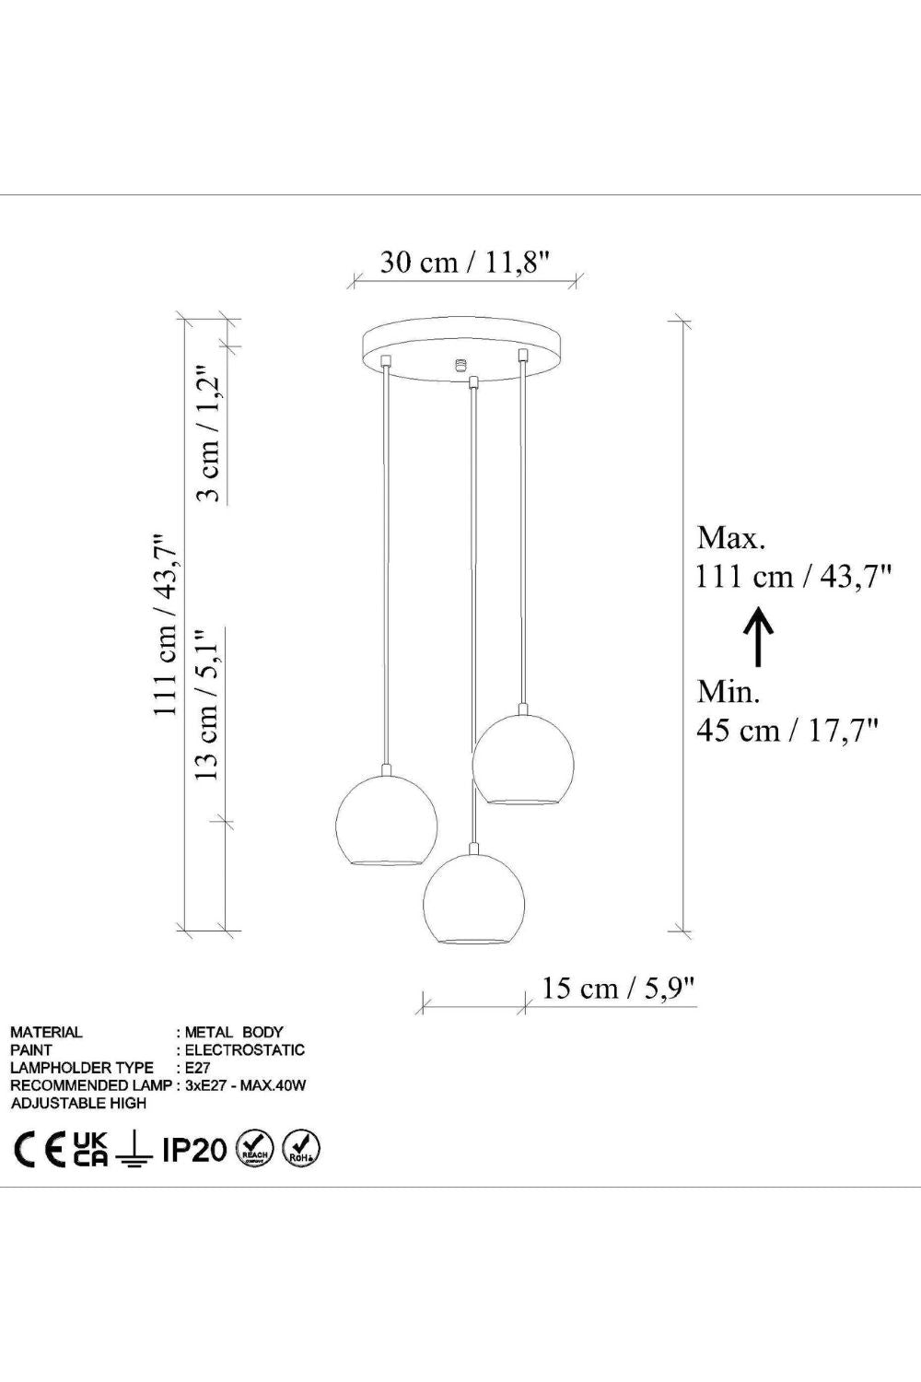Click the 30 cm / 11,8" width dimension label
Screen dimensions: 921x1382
tap(464, 263)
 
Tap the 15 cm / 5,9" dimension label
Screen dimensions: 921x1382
tap(618, 989)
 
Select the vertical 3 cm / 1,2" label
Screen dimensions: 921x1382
tap(208, 436)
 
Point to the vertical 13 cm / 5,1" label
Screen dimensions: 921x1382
tap(208, 704)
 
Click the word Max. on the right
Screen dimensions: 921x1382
tap(731, 538)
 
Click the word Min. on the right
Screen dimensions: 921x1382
tap(728, 692)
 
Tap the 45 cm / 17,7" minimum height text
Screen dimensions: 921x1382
tap(787, 731)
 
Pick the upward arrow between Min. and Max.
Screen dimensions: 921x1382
tap(759, 636)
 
